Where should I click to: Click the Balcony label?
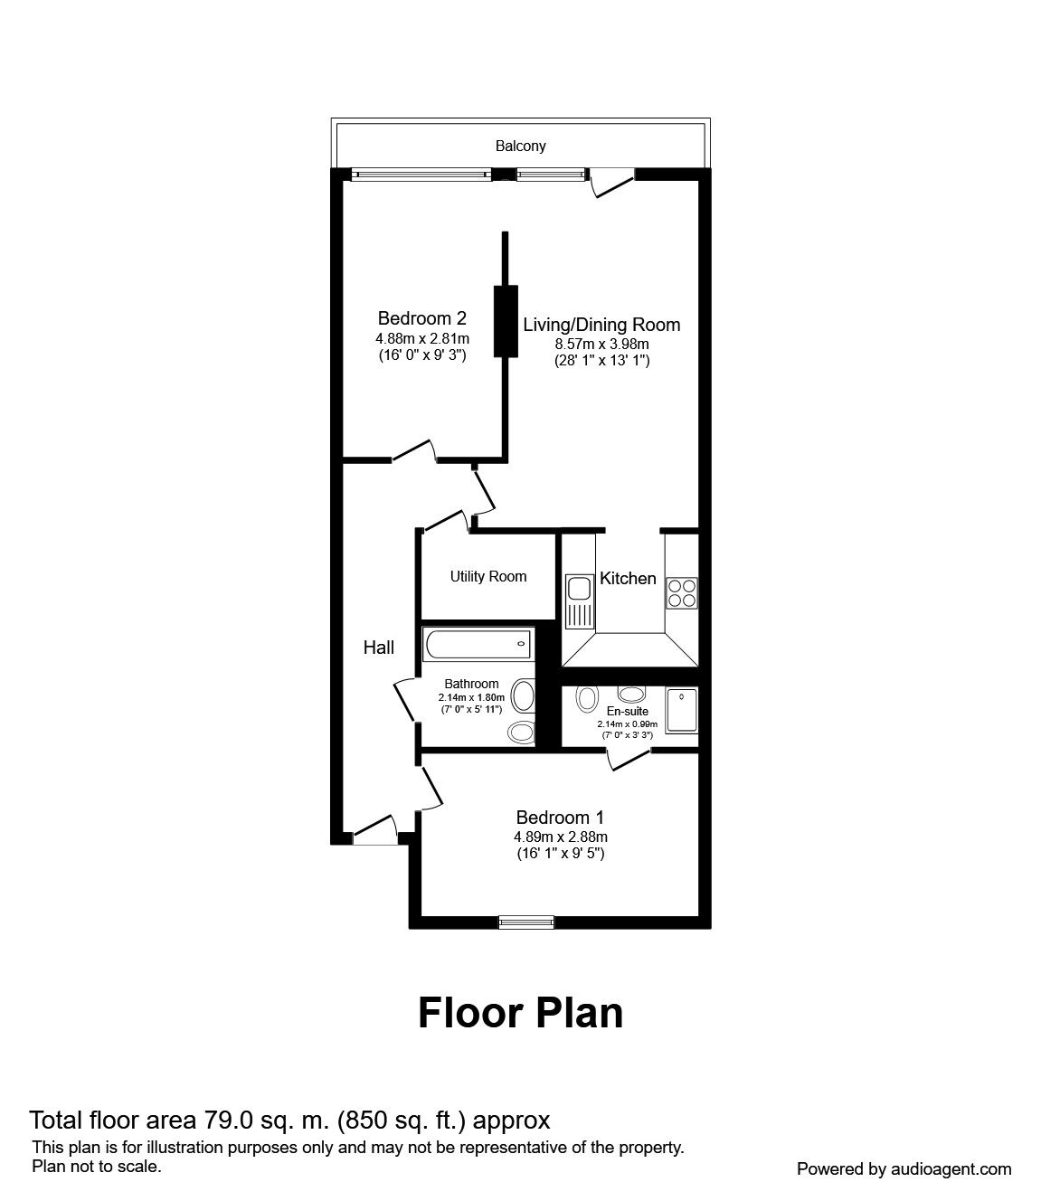tap(520, 146)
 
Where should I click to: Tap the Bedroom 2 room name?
tap(422, 318)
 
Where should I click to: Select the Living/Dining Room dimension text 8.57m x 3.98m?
tap(601, 344)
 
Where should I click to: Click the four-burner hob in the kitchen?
tap(682, 592)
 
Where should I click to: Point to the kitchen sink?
tap(580, 601)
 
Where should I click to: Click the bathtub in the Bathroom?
tap(478, 645)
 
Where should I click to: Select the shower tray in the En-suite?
tap(682, 711)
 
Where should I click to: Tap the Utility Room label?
tap(488, 576)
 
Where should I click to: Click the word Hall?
tap(378, 648)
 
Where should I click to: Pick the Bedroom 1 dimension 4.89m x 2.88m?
tap(561, 837)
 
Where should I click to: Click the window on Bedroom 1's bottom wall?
tap(526, 922)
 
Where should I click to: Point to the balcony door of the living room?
tap(611, 182)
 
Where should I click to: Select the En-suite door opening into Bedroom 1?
tap(628, 760)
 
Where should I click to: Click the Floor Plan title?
tap(520, 1013)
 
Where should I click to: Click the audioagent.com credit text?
tap(904, 1169)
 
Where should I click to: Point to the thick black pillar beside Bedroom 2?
tap(506, 321)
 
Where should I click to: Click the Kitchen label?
tap(628, 578)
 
